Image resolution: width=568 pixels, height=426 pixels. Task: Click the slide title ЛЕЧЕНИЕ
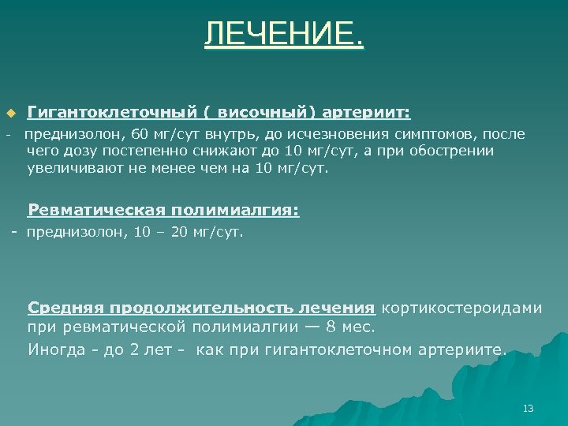tap(284, 34)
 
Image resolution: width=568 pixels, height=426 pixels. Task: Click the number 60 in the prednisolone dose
tap(140, 133)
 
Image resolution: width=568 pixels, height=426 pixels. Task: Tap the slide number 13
tap(529, 408)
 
